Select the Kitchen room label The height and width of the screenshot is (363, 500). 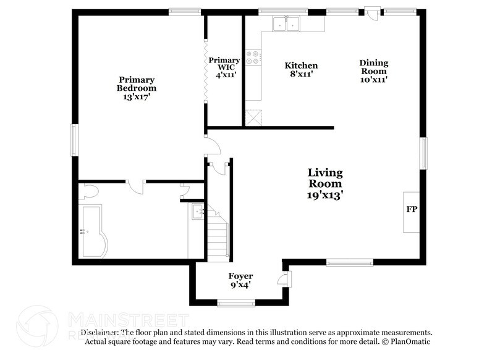(301, 69)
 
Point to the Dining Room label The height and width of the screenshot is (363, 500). (374, 70)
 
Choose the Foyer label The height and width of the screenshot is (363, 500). (241, 280)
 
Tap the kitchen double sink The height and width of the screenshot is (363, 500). (286, 24)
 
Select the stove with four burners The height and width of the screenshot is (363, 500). (253, 57)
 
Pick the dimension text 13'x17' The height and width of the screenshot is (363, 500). (137, 97)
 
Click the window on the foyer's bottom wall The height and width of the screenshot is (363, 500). (236, 302)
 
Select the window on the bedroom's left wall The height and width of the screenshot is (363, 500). (75, 140)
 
